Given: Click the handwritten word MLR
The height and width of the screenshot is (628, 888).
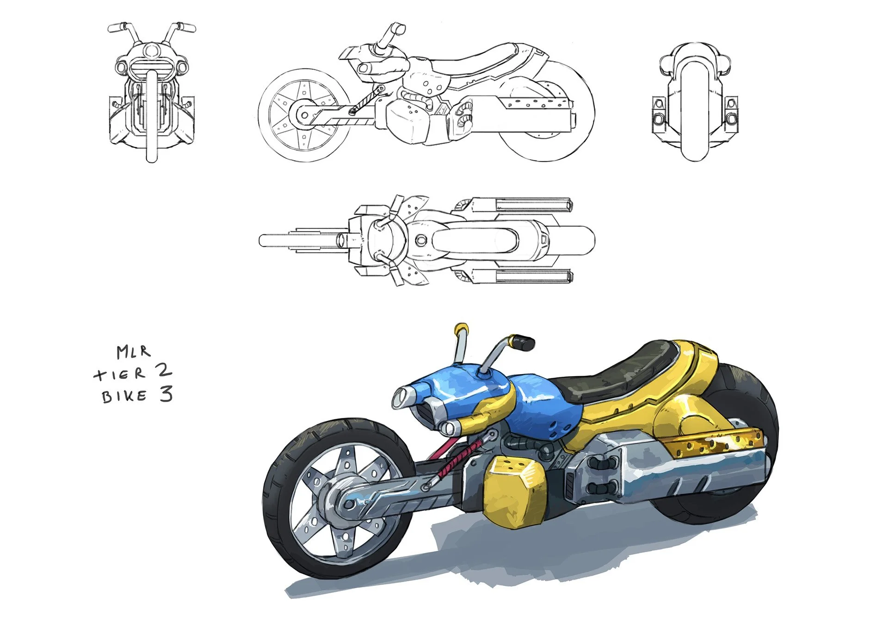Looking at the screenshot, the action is tap(133, 352).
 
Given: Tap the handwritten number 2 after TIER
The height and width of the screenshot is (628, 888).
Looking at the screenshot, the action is tap(163, 371).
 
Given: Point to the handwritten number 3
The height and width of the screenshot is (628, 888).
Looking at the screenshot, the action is tap(166, 394).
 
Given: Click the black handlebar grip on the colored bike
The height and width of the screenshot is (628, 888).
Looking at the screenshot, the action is tap(524, 343).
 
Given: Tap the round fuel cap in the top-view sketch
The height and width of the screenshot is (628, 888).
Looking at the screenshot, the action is tap(421, 240).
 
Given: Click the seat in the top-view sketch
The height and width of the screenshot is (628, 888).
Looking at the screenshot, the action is tap(476, 240).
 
